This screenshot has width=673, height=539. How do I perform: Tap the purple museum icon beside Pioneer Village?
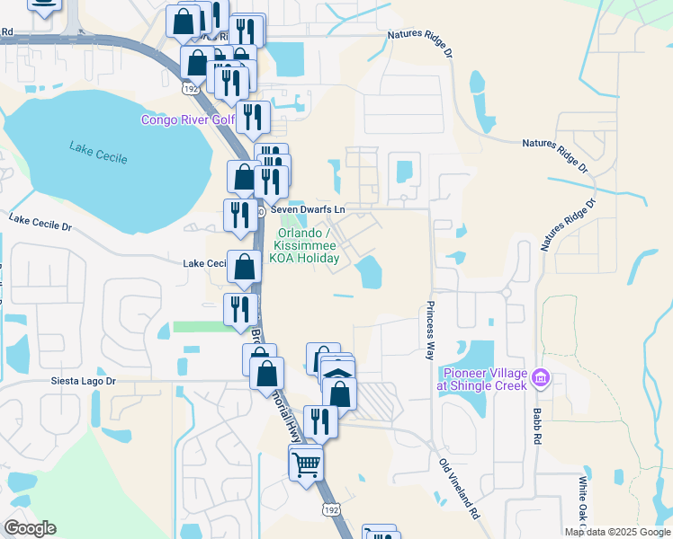539,376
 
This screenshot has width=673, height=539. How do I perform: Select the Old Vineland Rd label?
459,490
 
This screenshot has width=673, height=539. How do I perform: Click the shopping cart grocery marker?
306,464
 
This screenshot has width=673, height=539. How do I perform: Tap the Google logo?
29,528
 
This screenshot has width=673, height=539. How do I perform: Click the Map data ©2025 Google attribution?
617,532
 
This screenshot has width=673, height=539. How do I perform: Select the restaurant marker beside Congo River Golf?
254,118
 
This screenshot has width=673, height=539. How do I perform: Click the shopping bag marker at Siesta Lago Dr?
266,373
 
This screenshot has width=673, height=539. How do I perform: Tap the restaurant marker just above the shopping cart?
320,420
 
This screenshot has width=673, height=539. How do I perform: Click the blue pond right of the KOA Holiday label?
369,273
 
